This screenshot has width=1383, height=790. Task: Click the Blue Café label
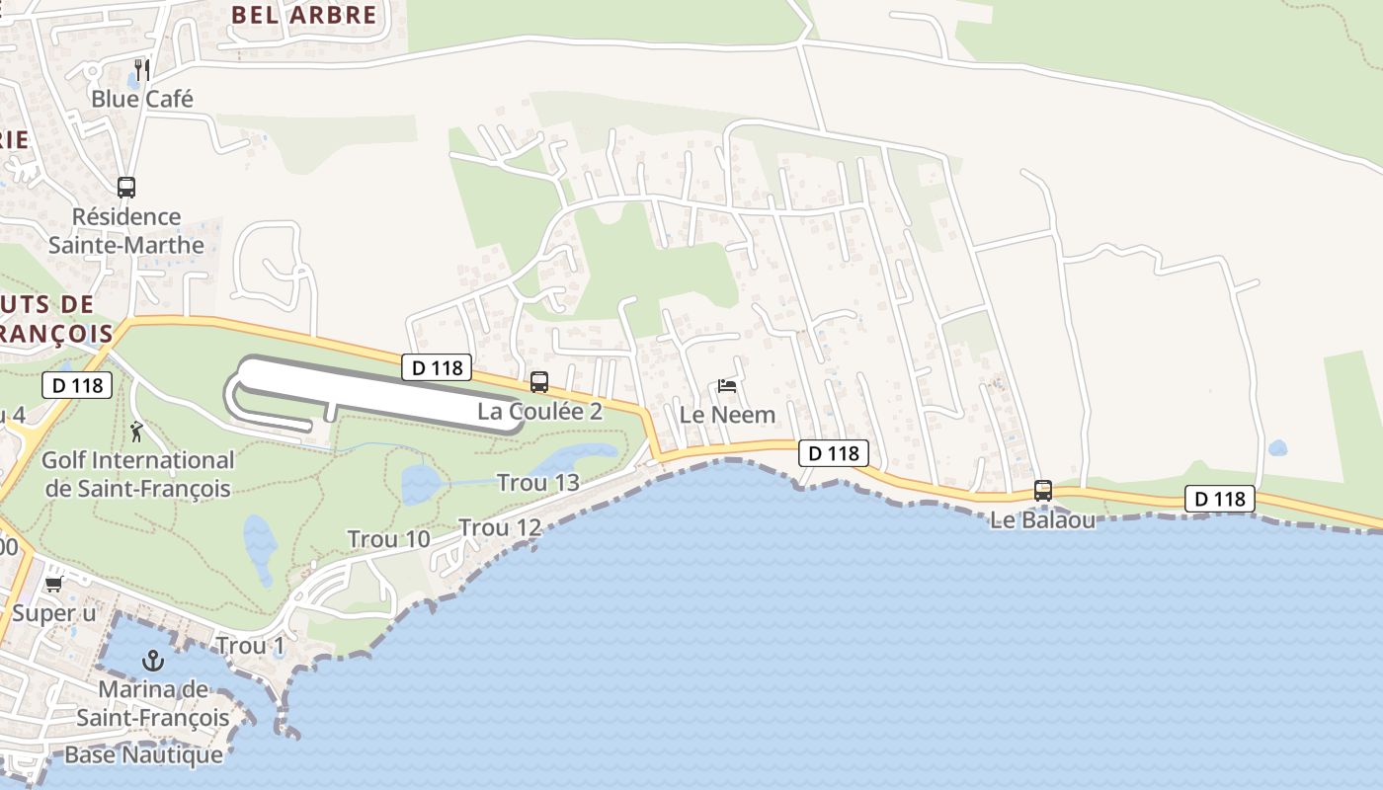[x=141, y=99]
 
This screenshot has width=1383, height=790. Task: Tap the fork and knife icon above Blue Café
[x=142, y=69]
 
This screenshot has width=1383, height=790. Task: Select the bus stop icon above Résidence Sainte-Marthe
[x=126, y=187]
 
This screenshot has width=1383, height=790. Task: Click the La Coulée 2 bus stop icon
[x=539, y=382]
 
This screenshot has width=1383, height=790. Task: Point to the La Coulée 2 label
[x=539, y=412]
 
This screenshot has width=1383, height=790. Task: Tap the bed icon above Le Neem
[x=727, y=386]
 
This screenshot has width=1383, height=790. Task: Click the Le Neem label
[x=727, y=415]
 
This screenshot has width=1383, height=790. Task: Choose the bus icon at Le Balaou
[x=1042, y=490]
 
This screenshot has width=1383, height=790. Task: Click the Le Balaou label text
[x=1042, y=519]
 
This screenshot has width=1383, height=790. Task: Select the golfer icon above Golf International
[x=136, y=432]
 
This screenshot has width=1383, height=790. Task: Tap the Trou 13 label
[x=537, y=483]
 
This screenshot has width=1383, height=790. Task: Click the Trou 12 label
[x=500, y=528]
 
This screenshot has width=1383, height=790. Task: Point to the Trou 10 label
[x=388, y=539]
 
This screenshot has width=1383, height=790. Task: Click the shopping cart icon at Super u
[x=53, y=585]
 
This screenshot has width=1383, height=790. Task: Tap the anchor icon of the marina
[x=152, y=660]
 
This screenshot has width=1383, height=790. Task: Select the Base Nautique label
[x=143, y=755]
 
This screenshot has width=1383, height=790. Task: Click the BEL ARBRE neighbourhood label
[x=303, y=15]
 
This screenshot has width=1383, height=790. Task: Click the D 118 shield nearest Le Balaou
[x=1219, y=500]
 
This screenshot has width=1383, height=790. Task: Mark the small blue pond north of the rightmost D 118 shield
[x=1277, y=447]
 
